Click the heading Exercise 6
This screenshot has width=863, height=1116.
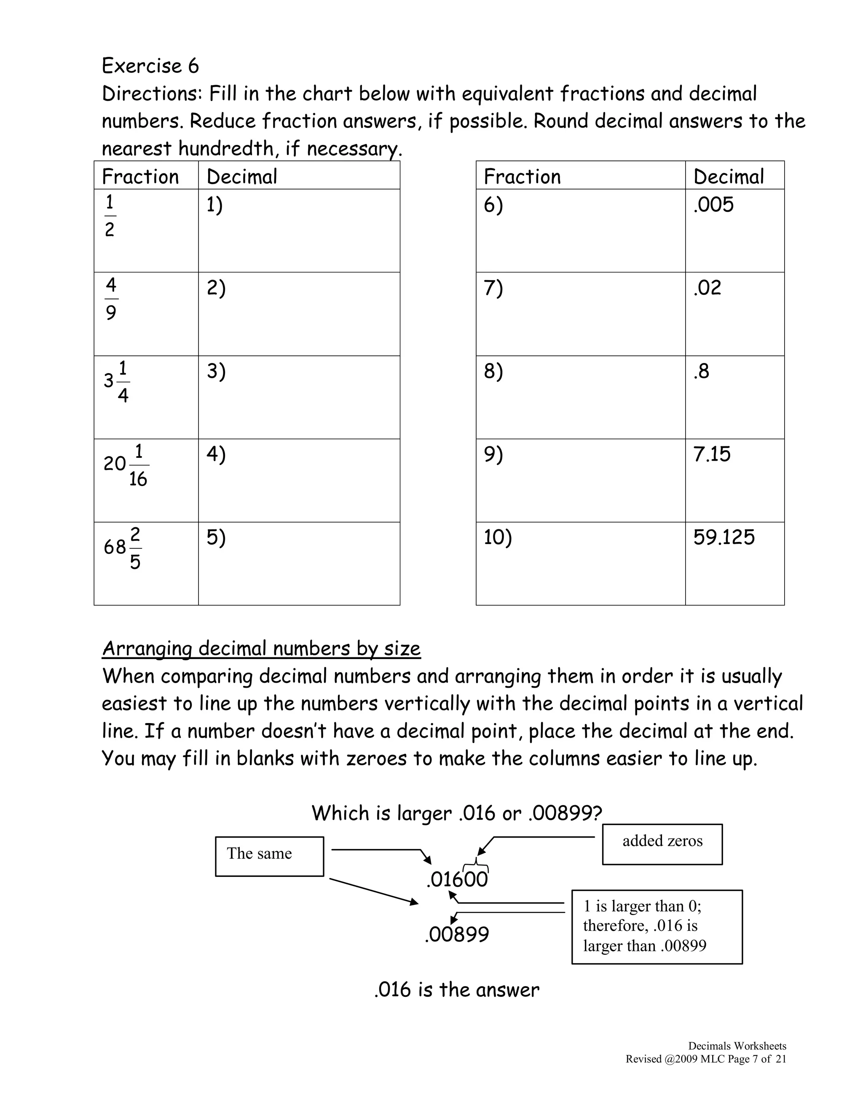coord(150,66)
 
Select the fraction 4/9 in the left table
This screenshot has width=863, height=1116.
coord(111,299)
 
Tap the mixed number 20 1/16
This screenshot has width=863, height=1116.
coord(126,465)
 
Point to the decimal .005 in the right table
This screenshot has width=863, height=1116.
coord(713,205)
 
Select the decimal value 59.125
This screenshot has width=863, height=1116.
coord(724,537)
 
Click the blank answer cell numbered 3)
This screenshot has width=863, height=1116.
coord(299,397)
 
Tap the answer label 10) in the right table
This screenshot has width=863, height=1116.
coord(498,537)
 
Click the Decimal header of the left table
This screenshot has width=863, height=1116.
coord(242,177)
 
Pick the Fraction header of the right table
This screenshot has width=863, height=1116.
coord(522,177)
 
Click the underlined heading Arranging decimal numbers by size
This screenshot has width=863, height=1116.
coord(261,649)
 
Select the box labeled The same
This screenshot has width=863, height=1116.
coord(269,857)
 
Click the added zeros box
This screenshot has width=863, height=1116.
coord(662,844)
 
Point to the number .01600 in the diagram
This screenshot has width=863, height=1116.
coord(457,879)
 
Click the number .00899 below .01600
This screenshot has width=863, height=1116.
coord(456,934)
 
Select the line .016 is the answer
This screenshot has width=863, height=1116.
coord(456,990)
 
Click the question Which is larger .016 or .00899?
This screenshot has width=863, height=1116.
coord(456,813)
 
